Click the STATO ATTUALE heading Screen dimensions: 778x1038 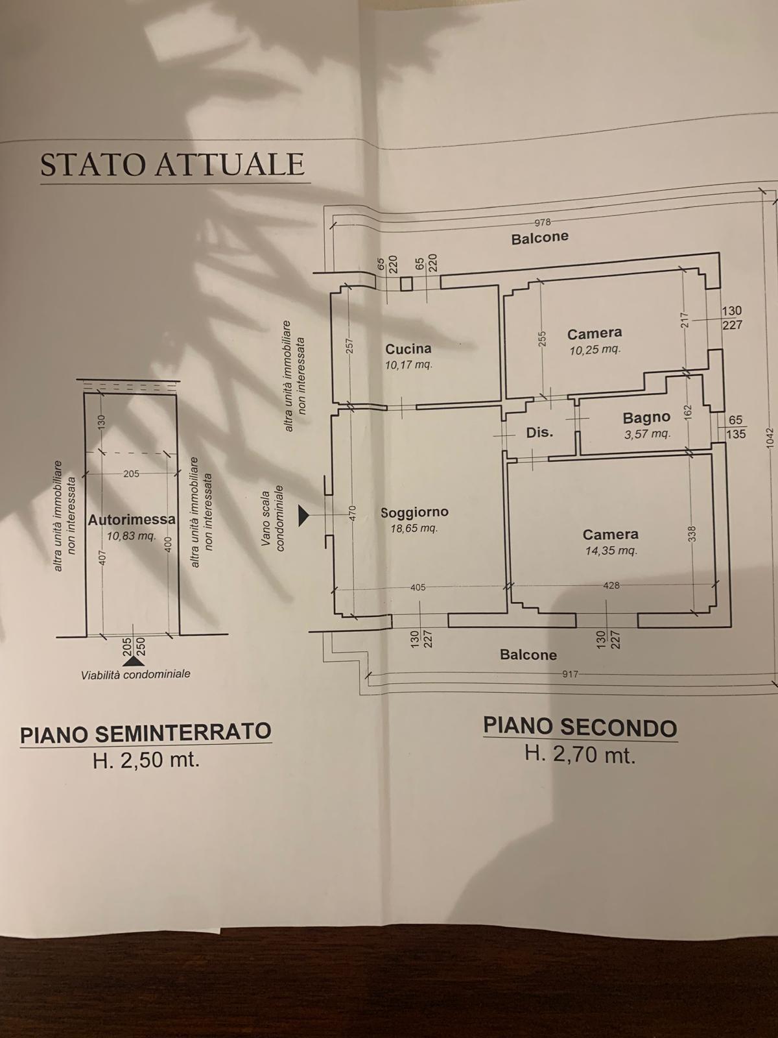tap(172, 164)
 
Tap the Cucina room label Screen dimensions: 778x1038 tap(408, 349)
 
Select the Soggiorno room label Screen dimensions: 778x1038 tap(414, 512)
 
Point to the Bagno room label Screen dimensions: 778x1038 tap(646, 418)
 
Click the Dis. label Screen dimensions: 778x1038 tap(539, 432)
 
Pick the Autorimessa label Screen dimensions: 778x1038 tap(132, 520)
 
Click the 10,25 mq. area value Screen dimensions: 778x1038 tap(595, 350)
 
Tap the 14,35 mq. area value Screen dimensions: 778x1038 tap(611, 550)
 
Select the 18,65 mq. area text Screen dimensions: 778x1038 tap(414, 528)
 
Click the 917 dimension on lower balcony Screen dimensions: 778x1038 tap(570, 674)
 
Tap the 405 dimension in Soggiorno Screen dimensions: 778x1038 tap(418, 587)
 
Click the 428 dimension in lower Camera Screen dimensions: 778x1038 tap(611, 585)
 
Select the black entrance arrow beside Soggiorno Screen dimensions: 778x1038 tap(303, 516)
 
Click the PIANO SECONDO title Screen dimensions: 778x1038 tap(580, 729)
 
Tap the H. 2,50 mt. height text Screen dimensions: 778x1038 tap(145, 761)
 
